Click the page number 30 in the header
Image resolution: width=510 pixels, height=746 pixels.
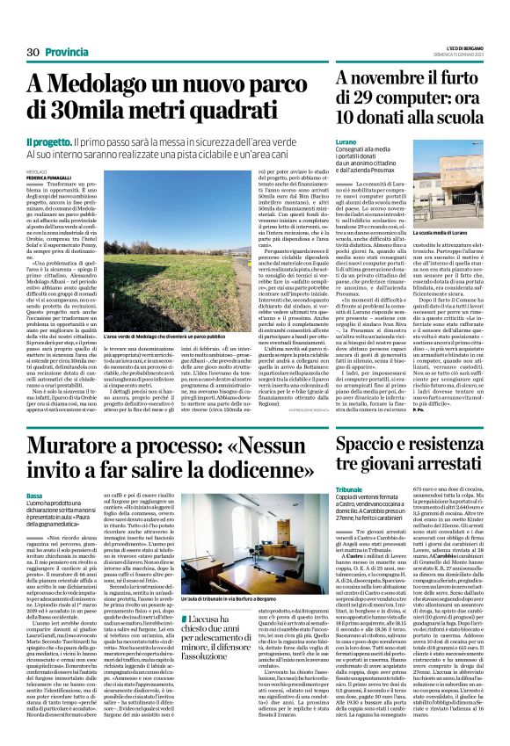[35, 53]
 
